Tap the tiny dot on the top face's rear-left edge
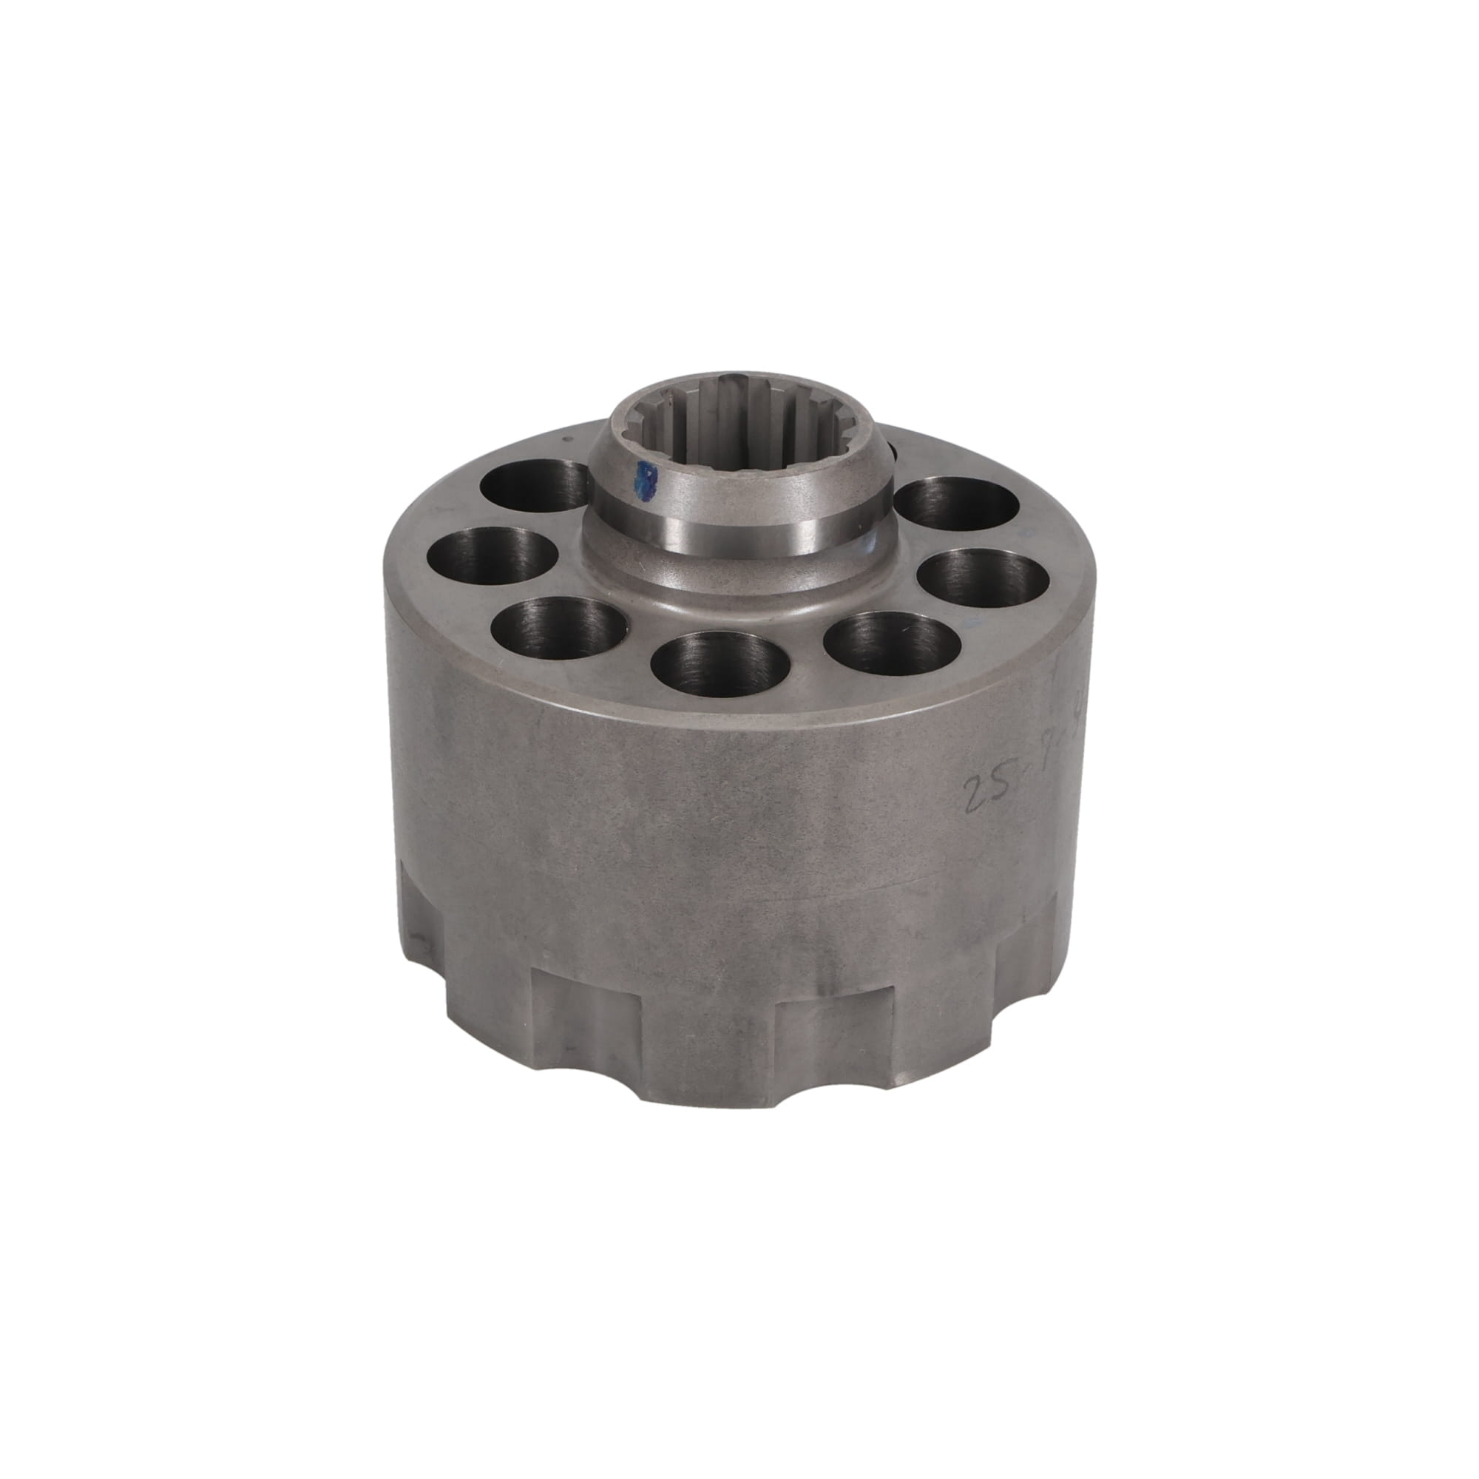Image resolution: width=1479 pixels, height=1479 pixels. pyautogui.click(x=565, y=439)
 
